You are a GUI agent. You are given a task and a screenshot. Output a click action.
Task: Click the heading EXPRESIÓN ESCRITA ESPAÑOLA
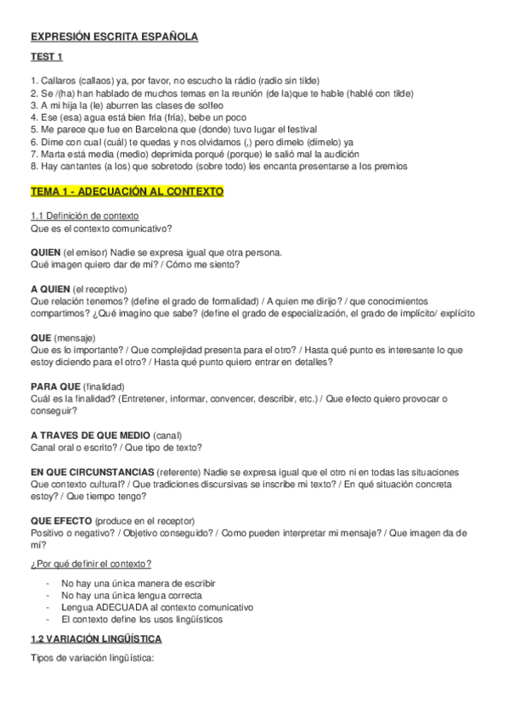click(x=114, y=37)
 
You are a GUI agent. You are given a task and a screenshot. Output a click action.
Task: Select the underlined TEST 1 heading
click(x=47, y=58)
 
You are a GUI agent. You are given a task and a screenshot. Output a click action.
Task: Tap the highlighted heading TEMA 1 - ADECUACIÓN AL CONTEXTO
click(x=127, y=193)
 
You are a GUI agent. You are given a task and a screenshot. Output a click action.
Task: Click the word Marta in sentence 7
click(x=54, y=155)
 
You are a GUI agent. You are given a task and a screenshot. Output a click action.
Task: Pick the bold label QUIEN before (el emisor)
click(x=45, y=252)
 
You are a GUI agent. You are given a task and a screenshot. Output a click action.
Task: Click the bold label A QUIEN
click(x=49, y=289)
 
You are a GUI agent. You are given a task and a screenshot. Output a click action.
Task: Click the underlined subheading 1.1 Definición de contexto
click(x=84, y=216)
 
